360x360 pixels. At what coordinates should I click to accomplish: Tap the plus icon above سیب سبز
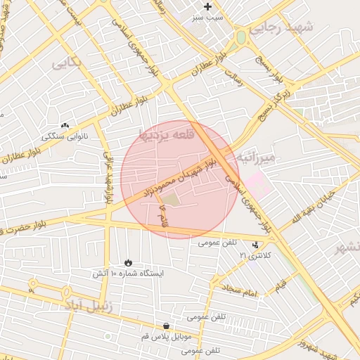point(207,6)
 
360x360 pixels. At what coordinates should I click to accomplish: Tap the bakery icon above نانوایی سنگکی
point(65,124)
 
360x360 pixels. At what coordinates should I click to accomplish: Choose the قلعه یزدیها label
point(164,134)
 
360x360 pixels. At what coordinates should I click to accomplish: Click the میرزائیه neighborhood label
point(262,156)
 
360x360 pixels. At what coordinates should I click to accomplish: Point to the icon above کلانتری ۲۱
point(256,243)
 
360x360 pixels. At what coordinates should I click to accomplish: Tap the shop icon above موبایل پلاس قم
point(165,326)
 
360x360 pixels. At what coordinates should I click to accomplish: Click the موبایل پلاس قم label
point(166,337)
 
